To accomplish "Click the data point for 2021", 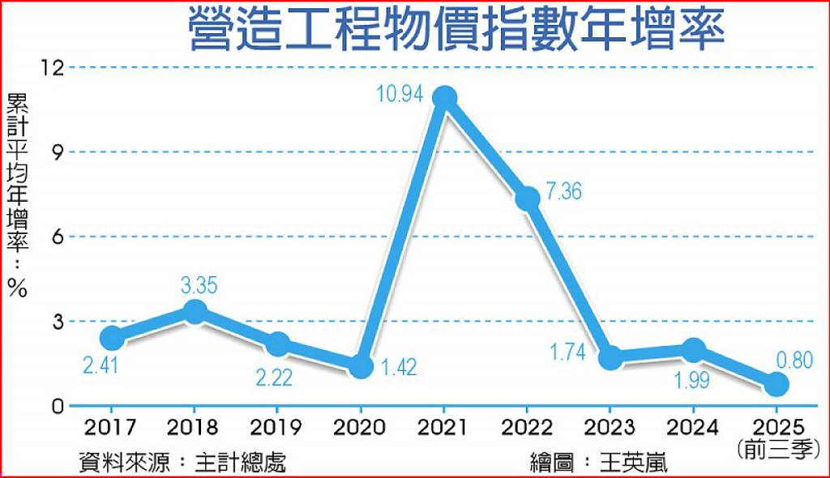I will coord(444,98).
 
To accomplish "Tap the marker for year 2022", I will coord(528,198).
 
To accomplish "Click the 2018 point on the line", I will coord(195,311).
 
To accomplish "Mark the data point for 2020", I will coord(362,366).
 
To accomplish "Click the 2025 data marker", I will coord(777,384).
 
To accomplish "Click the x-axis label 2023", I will coord(611,427).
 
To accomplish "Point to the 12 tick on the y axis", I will coord(52,67).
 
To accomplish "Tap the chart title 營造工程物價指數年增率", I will coord(456,30).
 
